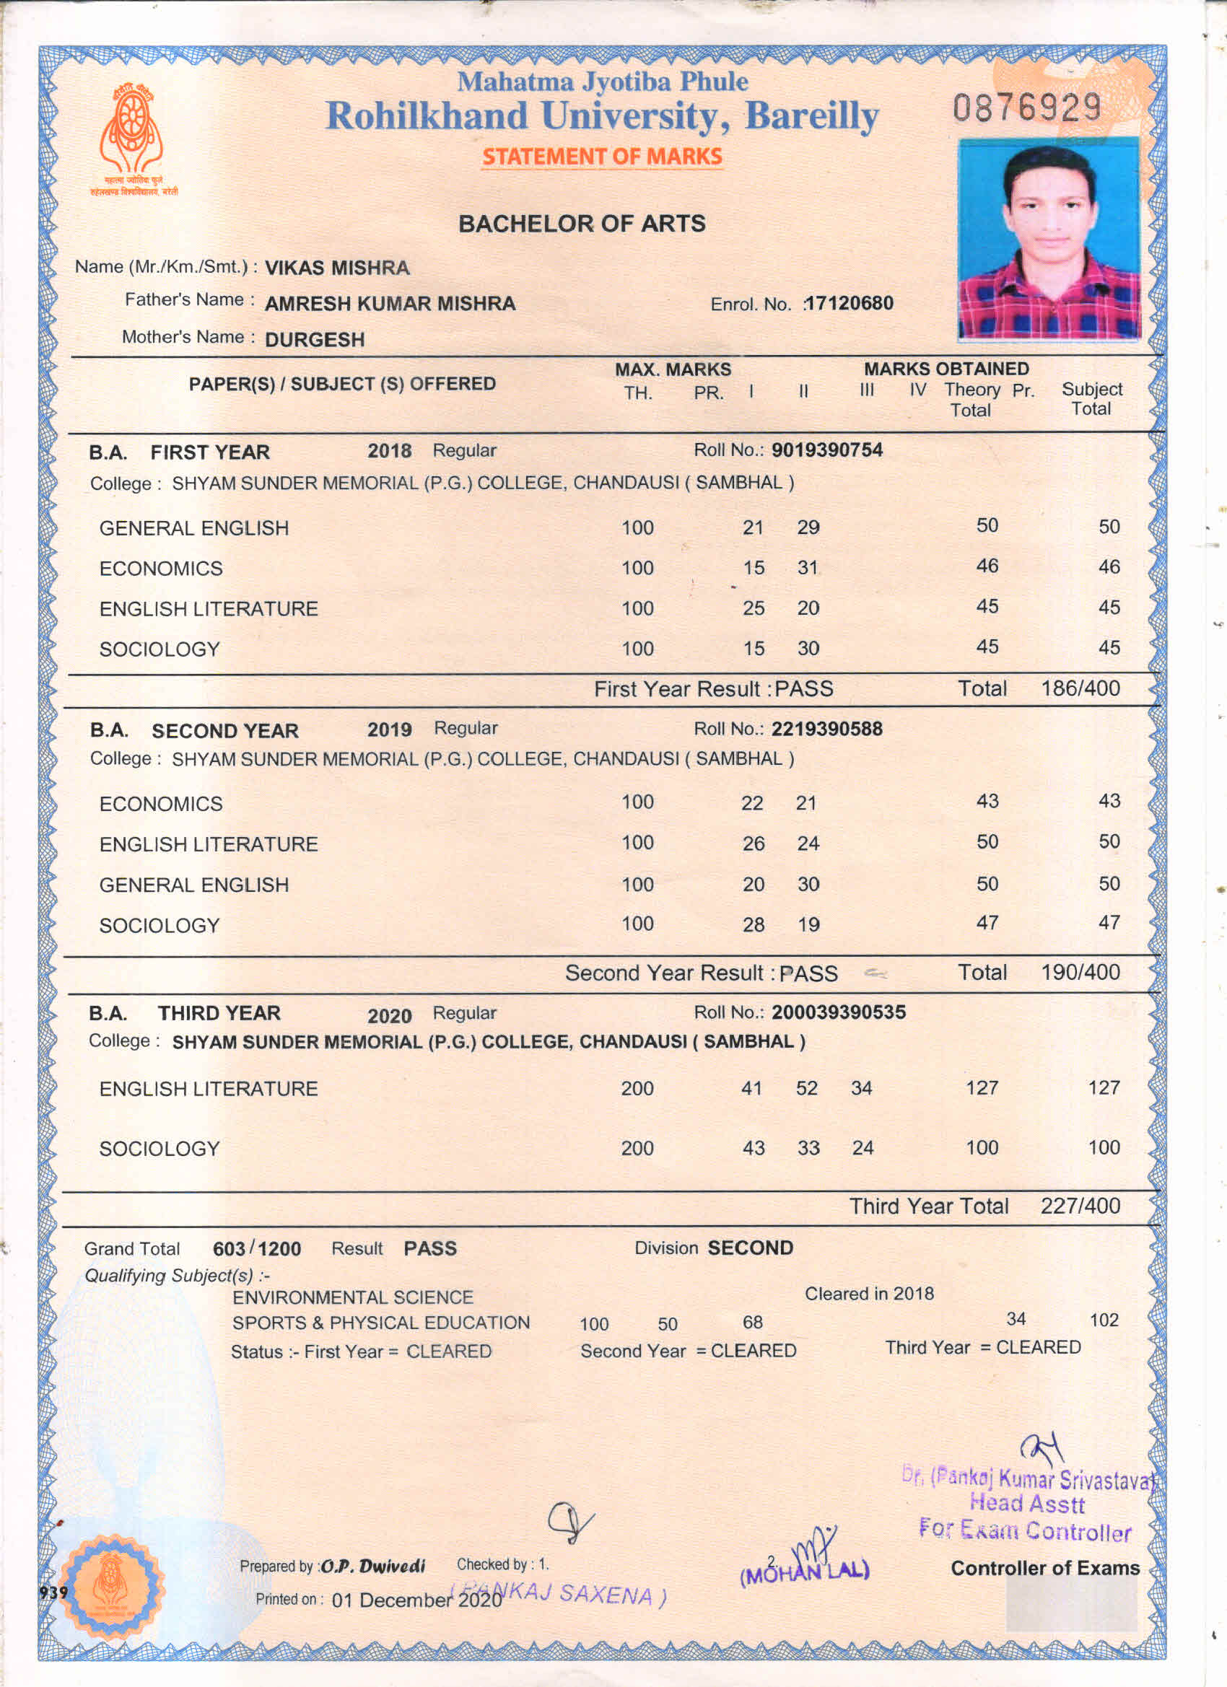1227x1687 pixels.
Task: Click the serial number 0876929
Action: pyautogui.click(x=1026, y=108)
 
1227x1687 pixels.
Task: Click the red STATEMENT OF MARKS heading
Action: pyautogui.click(x=602, y=157)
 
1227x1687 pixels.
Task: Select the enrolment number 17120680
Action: pyautogui.click(x=849, y=304)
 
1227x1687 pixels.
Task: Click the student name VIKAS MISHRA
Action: pyautogui.click(x=337, y=268)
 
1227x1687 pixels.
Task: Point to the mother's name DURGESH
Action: pyautogui.click(x=315, y=340)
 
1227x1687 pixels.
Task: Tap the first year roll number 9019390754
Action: pyautogui.click(x=826, y=450)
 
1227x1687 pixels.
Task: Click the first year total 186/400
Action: pyautogui.click(x=1080, y=688)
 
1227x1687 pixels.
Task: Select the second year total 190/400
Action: pyautogui.click(x=1080, y=972)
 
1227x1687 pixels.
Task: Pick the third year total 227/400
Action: pyautogui.click(x=1080, y=1206)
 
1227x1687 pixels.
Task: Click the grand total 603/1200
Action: pyautogui.click(x=257, y=1249)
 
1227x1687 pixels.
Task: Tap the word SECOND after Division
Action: pyautogui.click(x=750, y=1248)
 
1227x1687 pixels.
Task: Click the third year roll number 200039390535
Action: pyautogui.click(x=839, y=1012)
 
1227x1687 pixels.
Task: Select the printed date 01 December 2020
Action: pyautogui.click(x=416, y=1600)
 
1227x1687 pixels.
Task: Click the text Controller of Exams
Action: pyautogui.click(x=1044, y=1569)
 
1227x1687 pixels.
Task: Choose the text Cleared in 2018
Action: pyautogui.click(x=869, y=1294)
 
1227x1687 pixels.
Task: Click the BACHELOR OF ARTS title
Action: pyautogui.click(x=582, y=224)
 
